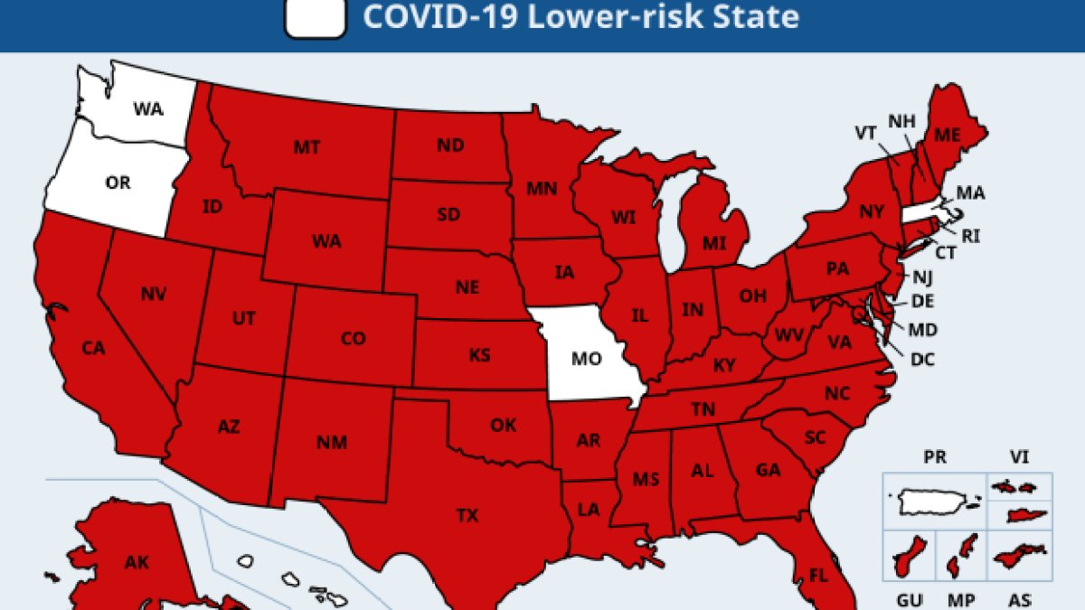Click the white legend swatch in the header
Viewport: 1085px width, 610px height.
point(316,18)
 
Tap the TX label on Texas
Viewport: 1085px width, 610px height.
point(467,516)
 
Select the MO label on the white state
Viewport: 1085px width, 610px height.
point(587,359)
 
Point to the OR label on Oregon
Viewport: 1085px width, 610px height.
point(118,183)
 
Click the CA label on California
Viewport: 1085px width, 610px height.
point(93,348)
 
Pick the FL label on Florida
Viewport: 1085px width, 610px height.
point(818,576)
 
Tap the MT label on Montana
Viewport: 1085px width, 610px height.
point(307,146)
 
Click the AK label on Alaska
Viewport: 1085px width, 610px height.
point(137,563)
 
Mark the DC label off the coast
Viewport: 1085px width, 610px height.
point(922,359)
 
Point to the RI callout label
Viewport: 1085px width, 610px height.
point(971,237)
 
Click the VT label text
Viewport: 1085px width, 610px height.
point(866,133)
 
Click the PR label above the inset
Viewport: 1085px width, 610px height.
point(935,457)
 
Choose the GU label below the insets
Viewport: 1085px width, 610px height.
point(909,600)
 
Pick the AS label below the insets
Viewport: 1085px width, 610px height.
point(1019,600)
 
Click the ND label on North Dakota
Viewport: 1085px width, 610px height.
point(450,145)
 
